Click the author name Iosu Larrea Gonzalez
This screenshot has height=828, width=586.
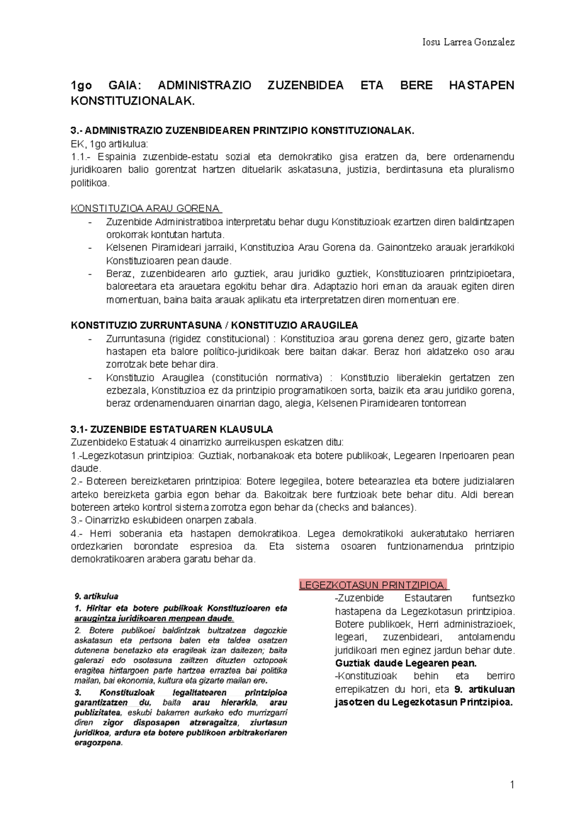click(468, 42)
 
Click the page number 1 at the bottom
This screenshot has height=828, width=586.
click(512, 785)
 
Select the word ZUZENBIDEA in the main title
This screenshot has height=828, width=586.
click(305, 85)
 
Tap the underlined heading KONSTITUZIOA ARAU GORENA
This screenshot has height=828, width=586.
click(146, 208)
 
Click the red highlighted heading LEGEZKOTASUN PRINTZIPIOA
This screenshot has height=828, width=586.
click(374, 585)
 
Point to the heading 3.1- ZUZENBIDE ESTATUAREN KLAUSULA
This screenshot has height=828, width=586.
click(172, 429)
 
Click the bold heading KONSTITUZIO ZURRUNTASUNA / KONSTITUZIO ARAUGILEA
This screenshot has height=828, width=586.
click(214, 325)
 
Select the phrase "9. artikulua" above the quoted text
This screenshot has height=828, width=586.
click(96, 596)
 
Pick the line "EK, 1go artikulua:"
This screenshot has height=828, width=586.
click(109, 144)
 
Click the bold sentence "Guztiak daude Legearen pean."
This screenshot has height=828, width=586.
click(406, 663)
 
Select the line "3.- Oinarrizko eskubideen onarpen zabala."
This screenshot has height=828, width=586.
click(164, 520)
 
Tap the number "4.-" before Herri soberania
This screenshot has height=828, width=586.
click(77, 533)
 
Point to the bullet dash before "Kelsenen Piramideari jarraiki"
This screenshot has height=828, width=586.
click(90, 248)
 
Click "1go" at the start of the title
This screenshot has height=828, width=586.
click(81, 85)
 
